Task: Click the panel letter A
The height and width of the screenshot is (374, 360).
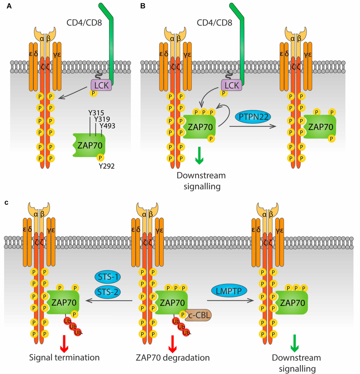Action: click(x=9, y=6)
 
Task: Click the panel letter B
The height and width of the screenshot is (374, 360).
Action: click(x=143, y=6)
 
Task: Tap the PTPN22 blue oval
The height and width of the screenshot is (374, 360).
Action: click(x=253, y=117)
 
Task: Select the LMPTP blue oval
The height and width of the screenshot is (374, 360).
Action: click(x=229, y=290)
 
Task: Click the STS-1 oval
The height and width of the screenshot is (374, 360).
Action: click(x=107, y=277)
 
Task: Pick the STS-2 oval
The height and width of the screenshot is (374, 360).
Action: click(x=107, y=292)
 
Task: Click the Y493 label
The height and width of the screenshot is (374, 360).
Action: click(x=107, y=126)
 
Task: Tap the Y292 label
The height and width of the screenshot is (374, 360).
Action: click(x=107, y=166)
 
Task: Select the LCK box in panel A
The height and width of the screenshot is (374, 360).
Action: click(x=101, y=85)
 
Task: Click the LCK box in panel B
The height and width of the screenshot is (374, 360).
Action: click(x=231, y=85)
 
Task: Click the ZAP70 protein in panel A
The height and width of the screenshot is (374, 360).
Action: click(x=89, y=145)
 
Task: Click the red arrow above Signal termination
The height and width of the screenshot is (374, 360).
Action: click(x=64, y=343)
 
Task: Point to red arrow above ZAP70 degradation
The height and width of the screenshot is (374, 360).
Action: click(x=172, y=343)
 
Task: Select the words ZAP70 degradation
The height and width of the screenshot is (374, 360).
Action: click(x=173, y=357)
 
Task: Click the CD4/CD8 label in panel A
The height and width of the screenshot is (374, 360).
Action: click(x=84, y=22)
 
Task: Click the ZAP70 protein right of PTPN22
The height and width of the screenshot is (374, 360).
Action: click(x=320, y=127)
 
